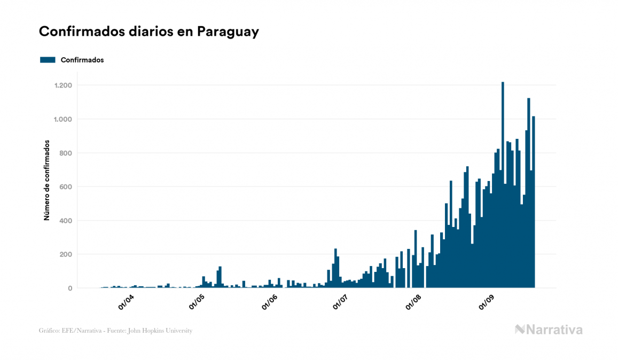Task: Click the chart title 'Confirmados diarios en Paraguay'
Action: (149, 32)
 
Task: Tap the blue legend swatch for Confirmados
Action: (48, 60)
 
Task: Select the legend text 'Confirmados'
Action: (82, 60)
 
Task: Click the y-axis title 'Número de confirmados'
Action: (47, 181)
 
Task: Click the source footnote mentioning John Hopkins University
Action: (115, 331)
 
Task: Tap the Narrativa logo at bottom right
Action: (549, 330)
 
